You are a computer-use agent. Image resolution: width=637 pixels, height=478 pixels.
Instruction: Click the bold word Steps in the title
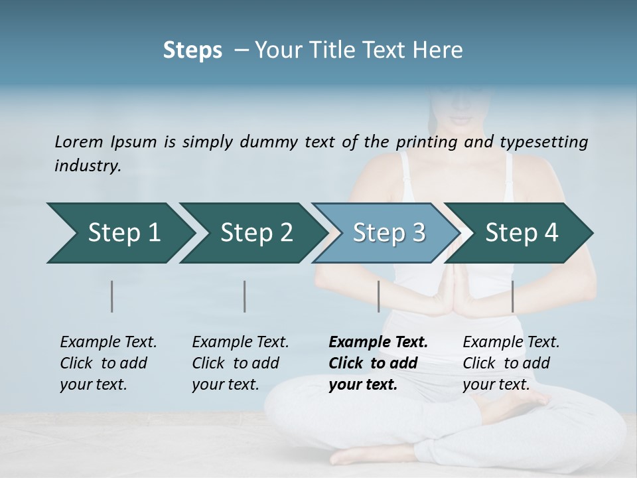click(x=192, y=50)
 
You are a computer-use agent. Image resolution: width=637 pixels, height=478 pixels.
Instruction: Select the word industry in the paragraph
click(x=87, y=165)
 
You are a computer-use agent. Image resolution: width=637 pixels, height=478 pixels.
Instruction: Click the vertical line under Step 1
click(x=112, y=296)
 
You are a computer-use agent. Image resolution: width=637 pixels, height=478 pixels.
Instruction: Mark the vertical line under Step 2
click(x=245, y=296)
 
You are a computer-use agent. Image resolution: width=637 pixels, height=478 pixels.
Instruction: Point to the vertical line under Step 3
click(x=378, y=296)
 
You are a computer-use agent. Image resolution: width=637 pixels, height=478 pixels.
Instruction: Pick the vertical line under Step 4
click(x=512, y=296)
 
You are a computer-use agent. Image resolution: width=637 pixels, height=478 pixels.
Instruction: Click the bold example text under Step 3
click(x=378, y=363)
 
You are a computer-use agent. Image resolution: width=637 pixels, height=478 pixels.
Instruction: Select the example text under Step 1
click(x=108, y=363)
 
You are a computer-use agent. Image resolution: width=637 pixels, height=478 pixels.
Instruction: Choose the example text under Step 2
click(x=240, y=363)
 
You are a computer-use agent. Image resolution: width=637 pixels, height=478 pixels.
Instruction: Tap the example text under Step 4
click(x=511, y=363)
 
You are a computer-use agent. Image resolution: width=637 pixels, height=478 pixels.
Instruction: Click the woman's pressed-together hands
click(x=457, y=292)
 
